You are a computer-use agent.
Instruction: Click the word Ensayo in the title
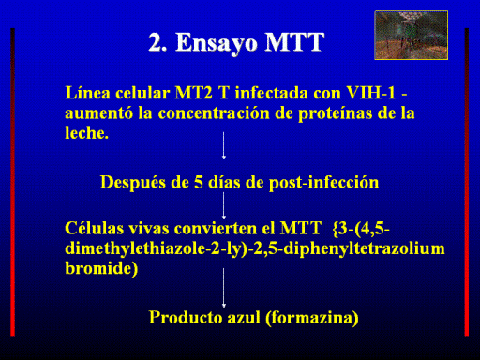[217, 43]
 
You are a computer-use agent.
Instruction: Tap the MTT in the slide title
[294, 42]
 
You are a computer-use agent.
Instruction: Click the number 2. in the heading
[157, 42]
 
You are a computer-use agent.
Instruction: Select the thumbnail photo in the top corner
[412, 35]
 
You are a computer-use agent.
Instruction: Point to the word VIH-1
[371, 93]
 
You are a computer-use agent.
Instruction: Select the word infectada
[272, 93]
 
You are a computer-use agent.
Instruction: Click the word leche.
[87, 132]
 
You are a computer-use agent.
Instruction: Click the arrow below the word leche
[224, 145]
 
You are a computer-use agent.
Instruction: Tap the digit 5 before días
[199, 182]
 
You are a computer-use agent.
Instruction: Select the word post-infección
[323, 183]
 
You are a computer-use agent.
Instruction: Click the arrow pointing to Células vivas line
[224, 206]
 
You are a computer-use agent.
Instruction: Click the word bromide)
[101, 269]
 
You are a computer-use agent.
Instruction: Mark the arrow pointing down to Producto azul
[224, 288]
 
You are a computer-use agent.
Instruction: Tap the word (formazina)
[312, 318]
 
